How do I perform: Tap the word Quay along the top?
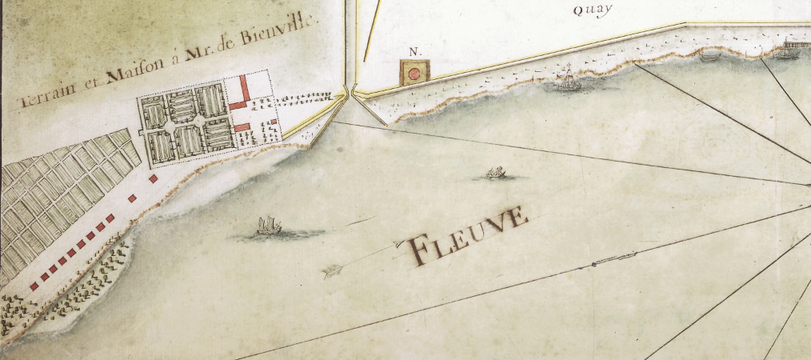tap(592, 10)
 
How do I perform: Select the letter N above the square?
tap(413, 52)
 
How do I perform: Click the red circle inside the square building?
tap(415, 74)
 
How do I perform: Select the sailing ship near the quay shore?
tap(568, 80)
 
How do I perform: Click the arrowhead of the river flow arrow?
tap(329, 274)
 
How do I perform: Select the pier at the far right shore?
tap(797, 46)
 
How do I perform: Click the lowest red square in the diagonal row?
tap(34, 285)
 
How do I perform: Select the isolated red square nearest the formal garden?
tap(153, 178)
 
